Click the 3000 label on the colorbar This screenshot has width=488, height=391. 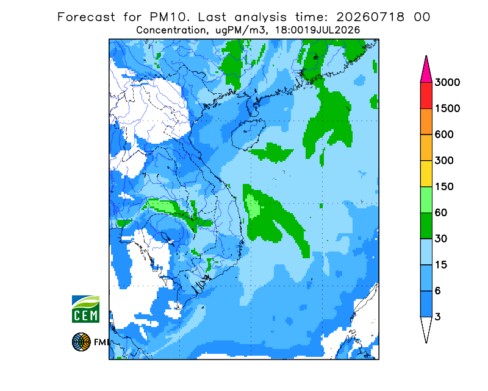[447, 82]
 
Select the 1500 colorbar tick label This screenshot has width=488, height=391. [447, 108]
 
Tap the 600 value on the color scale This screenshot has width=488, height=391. [444, 135]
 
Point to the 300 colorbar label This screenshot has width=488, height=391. [444, 161]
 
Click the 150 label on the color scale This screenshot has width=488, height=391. [444, 187]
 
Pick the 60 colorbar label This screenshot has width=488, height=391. [441, 213]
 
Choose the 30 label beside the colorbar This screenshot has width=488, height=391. [441, 239]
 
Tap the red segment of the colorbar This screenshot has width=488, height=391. [426, 96]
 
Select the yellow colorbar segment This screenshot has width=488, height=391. [426, 174]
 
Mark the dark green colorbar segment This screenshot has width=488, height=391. [426, 226]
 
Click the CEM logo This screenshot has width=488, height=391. [85, 309]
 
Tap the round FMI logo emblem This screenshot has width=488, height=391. [81, 342]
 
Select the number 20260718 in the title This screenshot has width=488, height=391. [370, 17]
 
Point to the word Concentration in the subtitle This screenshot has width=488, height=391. [171, 30]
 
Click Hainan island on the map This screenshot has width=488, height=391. [248, 134]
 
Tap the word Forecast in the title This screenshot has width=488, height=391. [86, 17]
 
